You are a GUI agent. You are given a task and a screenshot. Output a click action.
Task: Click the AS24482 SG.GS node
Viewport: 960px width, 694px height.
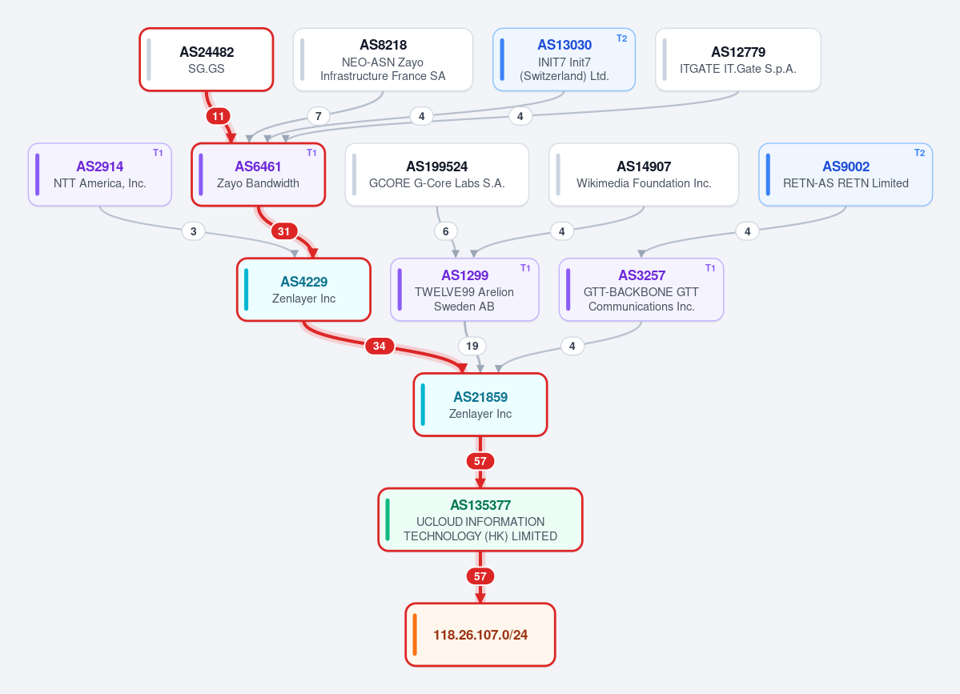(207, 59)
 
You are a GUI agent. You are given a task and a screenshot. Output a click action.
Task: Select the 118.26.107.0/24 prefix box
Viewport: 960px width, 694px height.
(480, 635)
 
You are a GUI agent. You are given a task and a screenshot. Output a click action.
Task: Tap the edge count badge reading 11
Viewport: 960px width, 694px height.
(218, 115)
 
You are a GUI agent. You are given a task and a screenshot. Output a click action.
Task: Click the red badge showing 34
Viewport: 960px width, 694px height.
(379, 346)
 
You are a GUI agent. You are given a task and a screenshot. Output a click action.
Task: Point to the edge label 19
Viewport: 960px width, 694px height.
(472, 346)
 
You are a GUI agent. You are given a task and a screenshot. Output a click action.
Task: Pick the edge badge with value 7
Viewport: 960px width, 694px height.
(319, 115)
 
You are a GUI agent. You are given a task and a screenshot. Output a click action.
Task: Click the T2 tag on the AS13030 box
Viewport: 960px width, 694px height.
(621, 38)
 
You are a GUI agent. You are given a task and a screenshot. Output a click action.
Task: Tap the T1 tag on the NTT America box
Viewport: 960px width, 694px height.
(158, 153)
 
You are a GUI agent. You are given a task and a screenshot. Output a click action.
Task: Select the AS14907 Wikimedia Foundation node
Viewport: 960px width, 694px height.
(644, 175)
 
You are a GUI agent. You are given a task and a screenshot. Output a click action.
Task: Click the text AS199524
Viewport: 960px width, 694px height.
(436, 166)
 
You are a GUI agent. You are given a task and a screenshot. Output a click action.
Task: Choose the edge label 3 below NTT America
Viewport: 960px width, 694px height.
(194, 231)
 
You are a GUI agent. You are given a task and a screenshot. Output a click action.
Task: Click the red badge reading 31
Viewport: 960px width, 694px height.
(283, 231)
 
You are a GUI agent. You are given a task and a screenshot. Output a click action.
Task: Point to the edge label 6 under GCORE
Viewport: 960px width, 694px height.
(446, 231)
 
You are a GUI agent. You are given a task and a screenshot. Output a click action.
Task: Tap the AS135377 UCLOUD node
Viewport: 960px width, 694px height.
(480, 519)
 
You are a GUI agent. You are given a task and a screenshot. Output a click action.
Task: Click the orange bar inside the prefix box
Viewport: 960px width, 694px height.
(415, 635)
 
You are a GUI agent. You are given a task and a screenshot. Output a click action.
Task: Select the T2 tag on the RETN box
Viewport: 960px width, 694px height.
(920, 153)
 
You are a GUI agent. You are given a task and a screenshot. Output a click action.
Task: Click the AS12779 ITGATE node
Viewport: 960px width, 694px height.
(737, 59)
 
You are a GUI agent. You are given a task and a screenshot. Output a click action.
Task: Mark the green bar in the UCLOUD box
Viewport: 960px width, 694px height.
(388, 519)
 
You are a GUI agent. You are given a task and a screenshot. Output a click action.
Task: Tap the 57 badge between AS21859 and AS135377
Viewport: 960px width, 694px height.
(480, 461)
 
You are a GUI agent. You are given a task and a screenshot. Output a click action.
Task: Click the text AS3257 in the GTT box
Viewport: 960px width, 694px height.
(641, 275)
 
